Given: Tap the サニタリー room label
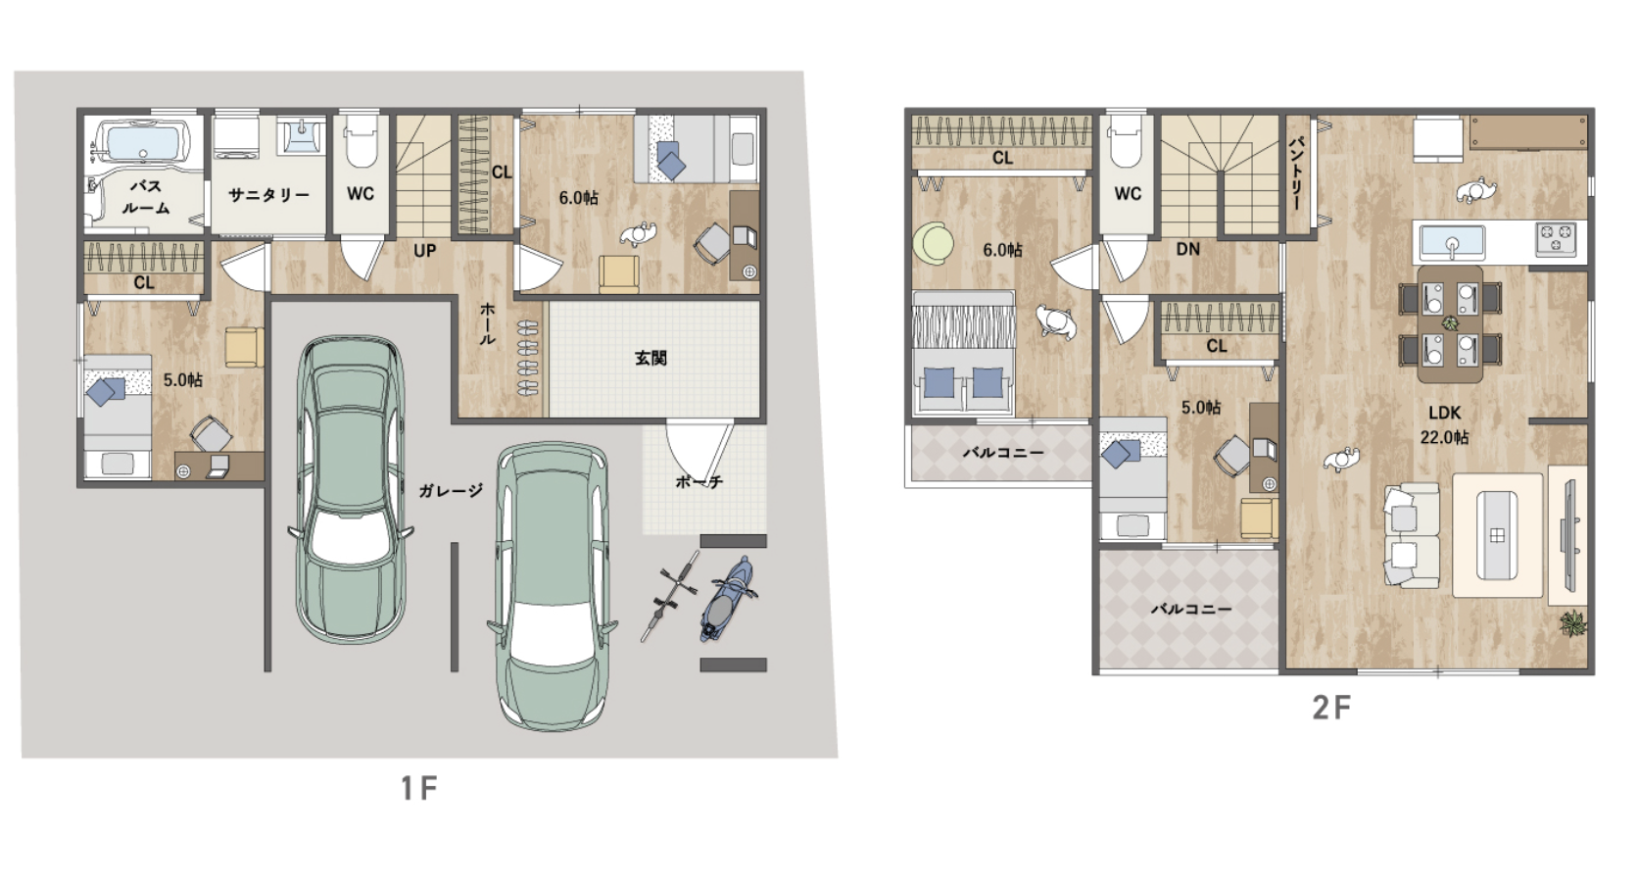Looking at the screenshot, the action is [x=269, y=195].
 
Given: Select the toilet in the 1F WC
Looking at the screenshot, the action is [x=361, y=140].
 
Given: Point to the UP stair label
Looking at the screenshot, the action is [x=425, y=251].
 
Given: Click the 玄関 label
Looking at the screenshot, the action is [x=650, y=358].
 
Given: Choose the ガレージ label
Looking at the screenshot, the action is [x=451, y=490].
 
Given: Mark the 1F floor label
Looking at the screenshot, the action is [x=419, y=788].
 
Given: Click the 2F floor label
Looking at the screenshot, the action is [x=1330, y=708].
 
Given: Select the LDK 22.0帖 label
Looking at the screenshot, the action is [x=1444, y=424].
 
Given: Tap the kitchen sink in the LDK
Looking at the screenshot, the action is [x=1452, y=242].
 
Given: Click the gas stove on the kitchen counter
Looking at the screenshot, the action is [x=1556, y=238].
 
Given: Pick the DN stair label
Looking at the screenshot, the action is [x=1188, y=249].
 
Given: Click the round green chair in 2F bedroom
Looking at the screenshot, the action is [x=933, y=242].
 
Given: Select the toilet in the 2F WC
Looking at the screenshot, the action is [x=1127, y=140].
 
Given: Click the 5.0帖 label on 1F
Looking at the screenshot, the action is [x=182, y=379].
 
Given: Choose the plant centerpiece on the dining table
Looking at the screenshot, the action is [x=1449, y=322].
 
